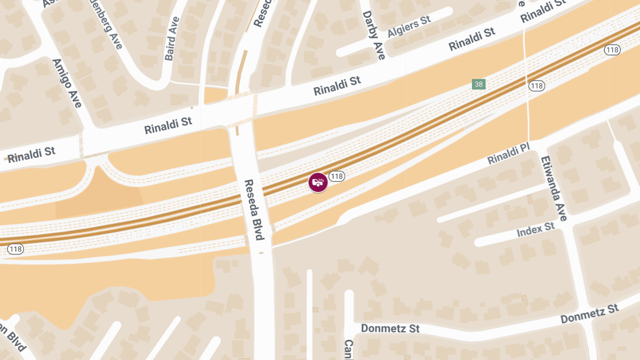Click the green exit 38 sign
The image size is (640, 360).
click(x=478, y=84)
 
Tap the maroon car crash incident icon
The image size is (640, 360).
click(x=318, y=182)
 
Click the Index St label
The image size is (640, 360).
click(x=535, y=230)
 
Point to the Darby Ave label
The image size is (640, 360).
click(x=373, y=35)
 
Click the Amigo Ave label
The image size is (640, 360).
click(x=67, y=83)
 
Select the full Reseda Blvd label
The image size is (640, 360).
click(x=254, y=209)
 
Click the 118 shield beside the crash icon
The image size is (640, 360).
click(x=336, y=176)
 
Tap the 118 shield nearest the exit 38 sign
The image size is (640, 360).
click(x=536, y=85)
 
